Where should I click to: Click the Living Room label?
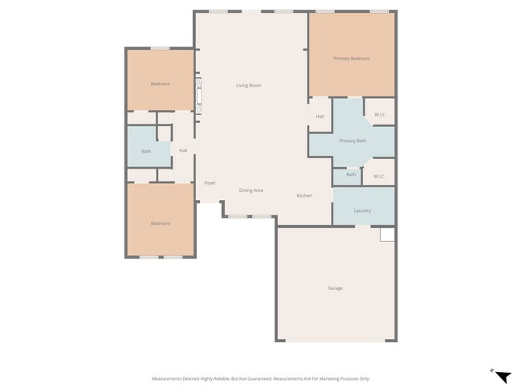point(248,85)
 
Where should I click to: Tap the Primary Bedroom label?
point(352,59)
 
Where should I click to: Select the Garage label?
point(335,288)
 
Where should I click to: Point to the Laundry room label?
point(362,210)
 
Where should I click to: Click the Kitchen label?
point(304,196)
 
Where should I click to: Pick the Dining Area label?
point(251,190)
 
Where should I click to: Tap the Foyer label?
point(210,183)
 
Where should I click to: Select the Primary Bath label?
point(352,141)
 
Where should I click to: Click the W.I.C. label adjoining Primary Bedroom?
point(380,115)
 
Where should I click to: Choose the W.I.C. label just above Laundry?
point(380,176)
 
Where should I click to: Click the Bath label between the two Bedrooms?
point(146,151)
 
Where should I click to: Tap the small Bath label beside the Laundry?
point(351,174)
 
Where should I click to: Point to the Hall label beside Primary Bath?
point(320,117)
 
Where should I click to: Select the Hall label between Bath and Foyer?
point(183,150)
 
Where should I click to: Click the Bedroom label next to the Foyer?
point(161,223)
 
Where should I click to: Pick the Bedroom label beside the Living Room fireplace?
point(161,84)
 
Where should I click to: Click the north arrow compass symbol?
point(502,377)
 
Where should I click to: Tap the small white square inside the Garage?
point(388,234)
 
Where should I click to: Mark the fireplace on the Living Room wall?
point(199,92)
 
